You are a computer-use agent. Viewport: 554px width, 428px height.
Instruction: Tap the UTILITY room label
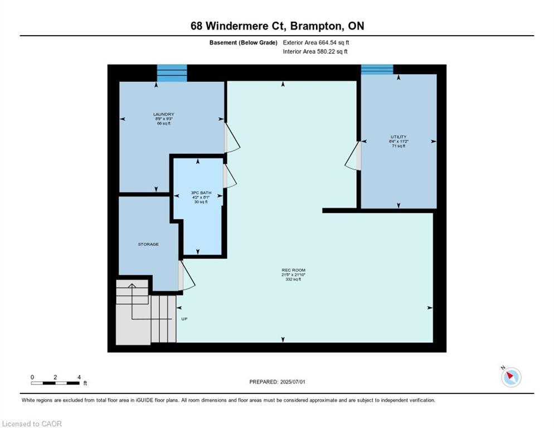399,137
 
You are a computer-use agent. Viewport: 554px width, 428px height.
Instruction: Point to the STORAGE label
148,244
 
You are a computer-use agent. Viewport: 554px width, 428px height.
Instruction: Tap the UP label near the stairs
184,319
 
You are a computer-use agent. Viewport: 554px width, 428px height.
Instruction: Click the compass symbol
511,377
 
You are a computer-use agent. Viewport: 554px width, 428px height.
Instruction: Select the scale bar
55,382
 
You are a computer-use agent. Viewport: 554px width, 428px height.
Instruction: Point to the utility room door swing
353,155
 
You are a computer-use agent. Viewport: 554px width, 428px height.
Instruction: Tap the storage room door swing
186,275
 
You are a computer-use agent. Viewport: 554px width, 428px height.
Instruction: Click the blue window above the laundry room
172,73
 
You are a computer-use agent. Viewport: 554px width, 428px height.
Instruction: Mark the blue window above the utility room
377,69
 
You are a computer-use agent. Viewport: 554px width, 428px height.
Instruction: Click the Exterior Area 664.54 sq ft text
316,42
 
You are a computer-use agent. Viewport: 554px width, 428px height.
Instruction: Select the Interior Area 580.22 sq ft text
315,52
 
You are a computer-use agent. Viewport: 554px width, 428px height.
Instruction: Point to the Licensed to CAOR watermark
32,424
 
